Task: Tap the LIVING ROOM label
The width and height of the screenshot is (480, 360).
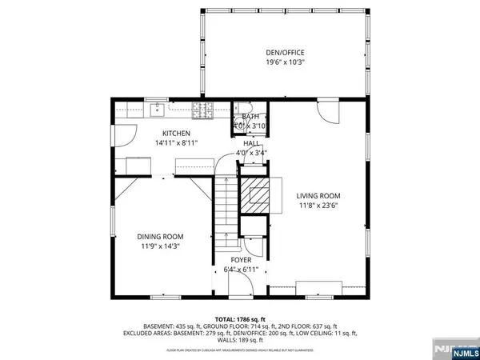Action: click(318, 195)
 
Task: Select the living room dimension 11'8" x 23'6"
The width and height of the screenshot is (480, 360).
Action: click(318, 206)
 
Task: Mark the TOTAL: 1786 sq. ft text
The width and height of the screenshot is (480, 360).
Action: click(240, 318)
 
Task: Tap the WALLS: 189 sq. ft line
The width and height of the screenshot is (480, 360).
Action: click(240, 341)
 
